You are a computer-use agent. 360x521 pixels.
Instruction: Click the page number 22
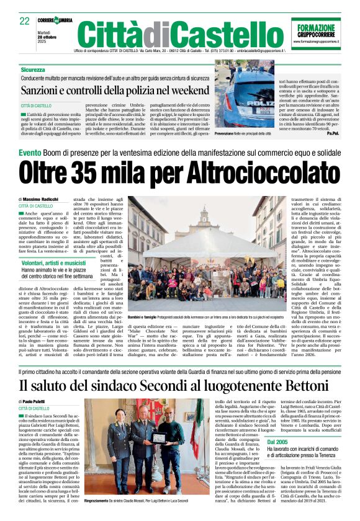click(x=25, y=21)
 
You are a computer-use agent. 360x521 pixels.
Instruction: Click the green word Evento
click(x=30, y=153)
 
